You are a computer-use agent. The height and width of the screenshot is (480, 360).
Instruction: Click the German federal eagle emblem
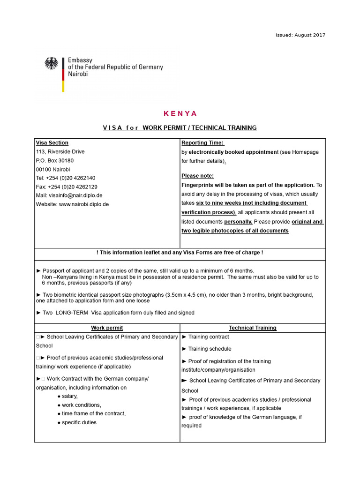pyautogui.click(x=51, y=63)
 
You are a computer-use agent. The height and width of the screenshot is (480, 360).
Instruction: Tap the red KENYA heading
pyautogui.click(x=180, y=113)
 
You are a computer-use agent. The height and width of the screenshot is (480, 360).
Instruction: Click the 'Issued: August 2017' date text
pyautogui.click(x=300, y=35)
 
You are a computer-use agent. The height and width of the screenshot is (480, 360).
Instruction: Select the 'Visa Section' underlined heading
pyautogui.click(x=52, y=143)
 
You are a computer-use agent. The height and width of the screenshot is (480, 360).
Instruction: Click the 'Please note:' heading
pyautogui.click(x=197, y=176)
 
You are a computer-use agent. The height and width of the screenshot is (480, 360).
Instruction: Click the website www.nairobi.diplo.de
pyautogui.click(x=84, y=204)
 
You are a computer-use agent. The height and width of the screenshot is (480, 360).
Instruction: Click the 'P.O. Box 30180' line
pyautogui.click(x=55, y=160)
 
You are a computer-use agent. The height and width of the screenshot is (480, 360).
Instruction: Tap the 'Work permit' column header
pyautogui.click(x=107, y=328)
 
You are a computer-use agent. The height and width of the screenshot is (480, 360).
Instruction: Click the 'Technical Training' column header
pyautogui.click(x=253, y=328)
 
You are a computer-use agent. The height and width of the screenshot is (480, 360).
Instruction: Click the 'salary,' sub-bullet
pyautogui.click(x=70, y=396)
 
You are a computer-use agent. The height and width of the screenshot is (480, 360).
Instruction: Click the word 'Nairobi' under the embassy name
pyautogui.click(x=78, y=74)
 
